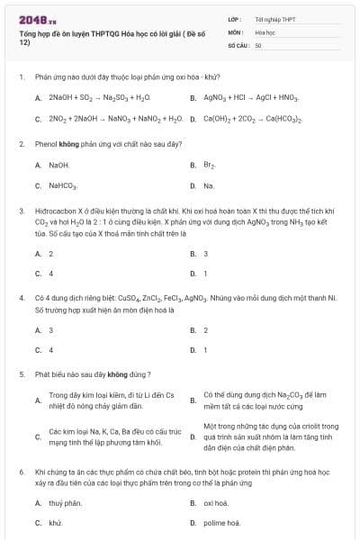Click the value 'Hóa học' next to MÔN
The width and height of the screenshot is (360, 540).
click(x=265, y=31)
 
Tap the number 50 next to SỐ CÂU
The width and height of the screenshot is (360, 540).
click(x=258, y=44)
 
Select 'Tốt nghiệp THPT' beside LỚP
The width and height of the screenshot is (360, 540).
click(x=274, y=18)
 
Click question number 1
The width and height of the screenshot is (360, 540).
click(x=21, y=78)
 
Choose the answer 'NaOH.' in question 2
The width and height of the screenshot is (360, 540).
click(x=58, y=165)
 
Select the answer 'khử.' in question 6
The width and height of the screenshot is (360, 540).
click(x=55, y=522)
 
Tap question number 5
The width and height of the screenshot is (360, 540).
click(x=21, y=373)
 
